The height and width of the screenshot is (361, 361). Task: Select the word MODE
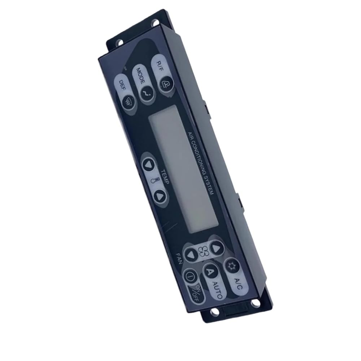[140, 76]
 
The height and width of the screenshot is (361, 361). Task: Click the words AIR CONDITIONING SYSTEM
[201, 163]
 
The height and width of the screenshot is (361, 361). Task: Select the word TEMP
[165, 177]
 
